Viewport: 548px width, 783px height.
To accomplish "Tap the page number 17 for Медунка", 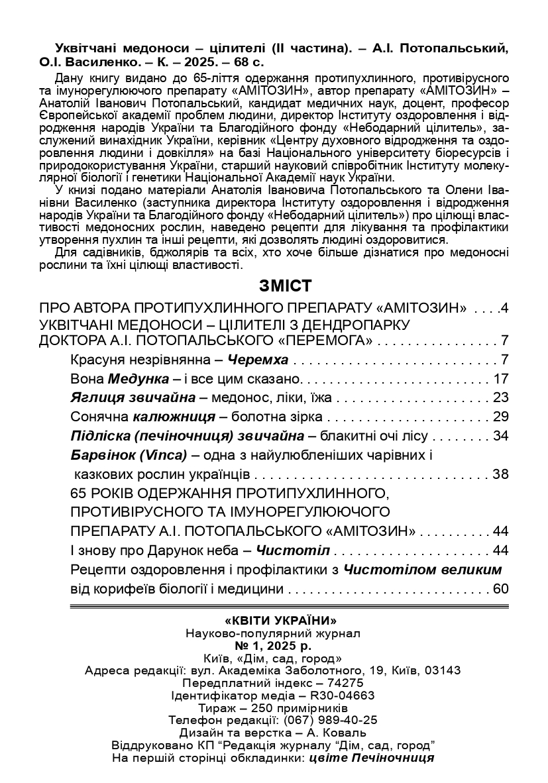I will pos(500,380).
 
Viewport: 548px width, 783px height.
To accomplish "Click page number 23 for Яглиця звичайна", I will pos(500,398).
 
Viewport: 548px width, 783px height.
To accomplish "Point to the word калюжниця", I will pos(174,417).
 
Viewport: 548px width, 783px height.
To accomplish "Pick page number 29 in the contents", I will pos(500,417).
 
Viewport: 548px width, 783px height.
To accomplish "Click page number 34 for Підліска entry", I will pos(500,437).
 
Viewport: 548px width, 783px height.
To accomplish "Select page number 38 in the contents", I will pos(500,474).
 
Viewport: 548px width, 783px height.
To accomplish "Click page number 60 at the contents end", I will pos(500,589).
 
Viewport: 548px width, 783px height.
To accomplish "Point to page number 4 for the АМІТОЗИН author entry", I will pos(504,308).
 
